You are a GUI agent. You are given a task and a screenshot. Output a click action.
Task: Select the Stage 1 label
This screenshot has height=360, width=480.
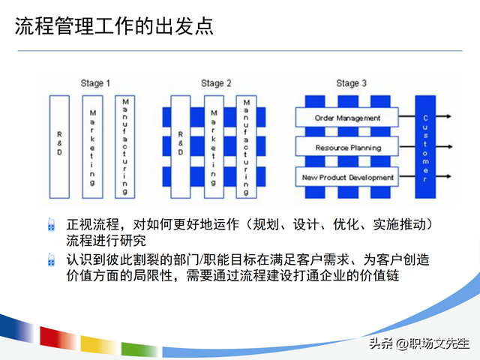[x=97, y=83]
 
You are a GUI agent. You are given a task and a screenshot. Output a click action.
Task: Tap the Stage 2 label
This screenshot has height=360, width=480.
[x=216, y=83]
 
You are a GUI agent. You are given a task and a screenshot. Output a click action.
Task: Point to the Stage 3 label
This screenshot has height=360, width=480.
[x=351, y=83]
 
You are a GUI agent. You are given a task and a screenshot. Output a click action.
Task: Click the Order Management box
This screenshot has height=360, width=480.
[x=347, y=118]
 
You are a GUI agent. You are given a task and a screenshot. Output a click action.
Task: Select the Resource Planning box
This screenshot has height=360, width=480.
[x=347, y=148]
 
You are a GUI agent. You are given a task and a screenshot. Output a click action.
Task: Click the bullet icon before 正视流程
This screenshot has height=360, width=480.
[x=51, y=224]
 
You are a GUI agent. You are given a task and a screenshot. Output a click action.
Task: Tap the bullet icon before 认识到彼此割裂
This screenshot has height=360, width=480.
[x=51, y=259]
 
